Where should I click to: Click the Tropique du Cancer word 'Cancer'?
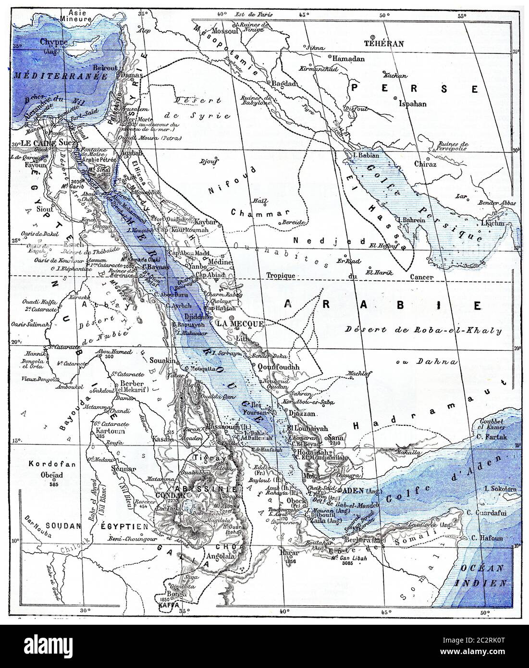pyautogui.click(x=419, y=278)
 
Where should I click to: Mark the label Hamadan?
pyautogui.click(x=349, y=59)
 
